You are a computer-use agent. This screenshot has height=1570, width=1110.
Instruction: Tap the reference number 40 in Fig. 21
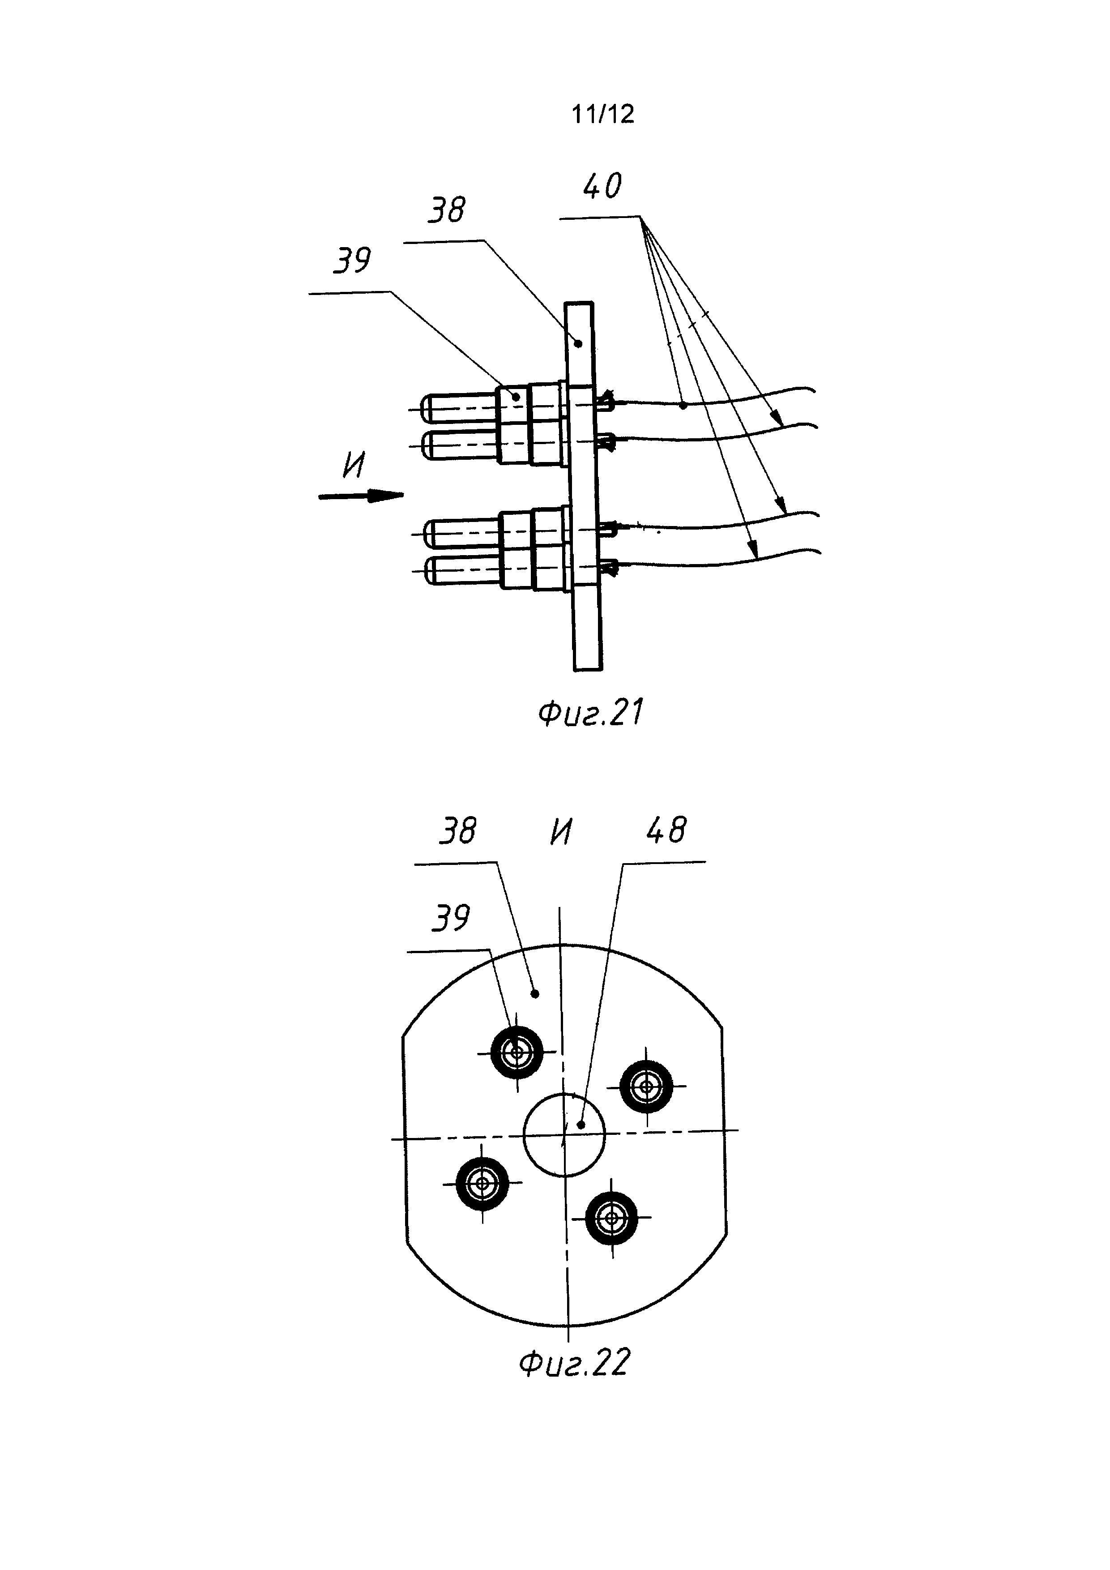click(602, 186)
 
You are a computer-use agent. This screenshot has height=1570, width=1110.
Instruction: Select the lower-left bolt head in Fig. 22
click(482, 1183)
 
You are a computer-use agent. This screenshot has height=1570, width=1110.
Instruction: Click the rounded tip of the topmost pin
click(428, 409)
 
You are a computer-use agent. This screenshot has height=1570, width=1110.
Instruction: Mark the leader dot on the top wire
click(683, 406)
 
